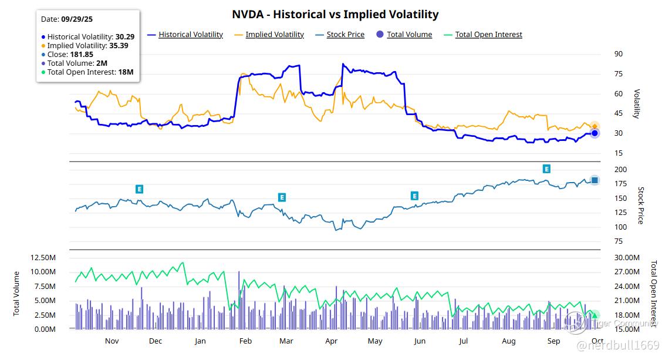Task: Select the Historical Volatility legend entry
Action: click(190, 35)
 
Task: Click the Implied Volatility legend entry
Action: click(274, 35)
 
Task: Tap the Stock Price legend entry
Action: click(345, 35)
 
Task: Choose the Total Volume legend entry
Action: click(409, 35)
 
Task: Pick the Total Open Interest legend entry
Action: click(488, 35)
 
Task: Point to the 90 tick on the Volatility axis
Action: click(619, 54)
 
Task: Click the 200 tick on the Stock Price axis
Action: click(620, 169)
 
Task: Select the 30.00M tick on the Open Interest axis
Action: click(627, 258)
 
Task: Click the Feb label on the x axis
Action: click(245, 341)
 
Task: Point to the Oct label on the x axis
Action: click(597, 341)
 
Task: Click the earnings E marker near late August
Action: click(546, 169)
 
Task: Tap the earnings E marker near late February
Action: click(282, 197)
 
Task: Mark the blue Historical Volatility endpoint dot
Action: click(595, 133)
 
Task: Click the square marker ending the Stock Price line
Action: click(595, 180)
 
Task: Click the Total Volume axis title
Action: click(16, 293)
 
